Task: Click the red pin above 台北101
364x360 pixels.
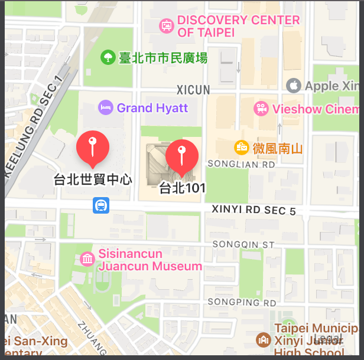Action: click(182, 155)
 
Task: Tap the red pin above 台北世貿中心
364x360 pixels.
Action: click(93, 146)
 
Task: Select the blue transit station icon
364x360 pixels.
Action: click(100, 205)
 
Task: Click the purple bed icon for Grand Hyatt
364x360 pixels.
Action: click(106, 108)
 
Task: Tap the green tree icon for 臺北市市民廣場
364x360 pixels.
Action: click(108, 57)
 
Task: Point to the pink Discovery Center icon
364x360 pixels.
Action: click(166, 26)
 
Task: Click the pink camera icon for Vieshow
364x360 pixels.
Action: click(261, 109)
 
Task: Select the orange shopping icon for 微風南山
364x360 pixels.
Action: click(241, 147)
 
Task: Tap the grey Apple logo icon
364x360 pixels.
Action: click(293, 86)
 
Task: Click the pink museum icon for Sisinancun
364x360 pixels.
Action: click(87, 259)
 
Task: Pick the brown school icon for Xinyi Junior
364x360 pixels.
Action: click(263, 339)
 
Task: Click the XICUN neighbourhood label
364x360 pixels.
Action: click(193, 90)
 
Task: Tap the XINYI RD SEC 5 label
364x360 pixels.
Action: click(254, 211)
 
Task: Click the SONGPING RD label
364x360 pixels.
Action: click(242, 303)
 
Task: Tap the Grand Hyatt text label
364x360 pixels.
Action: click(152, 108)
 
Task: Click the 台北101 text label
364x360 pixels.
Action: click(182, 188)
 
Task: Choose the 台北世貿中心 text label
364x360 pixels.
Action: click(93, 179)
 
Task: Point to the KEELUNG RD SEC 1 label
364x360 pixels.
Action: click(34, 127)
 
